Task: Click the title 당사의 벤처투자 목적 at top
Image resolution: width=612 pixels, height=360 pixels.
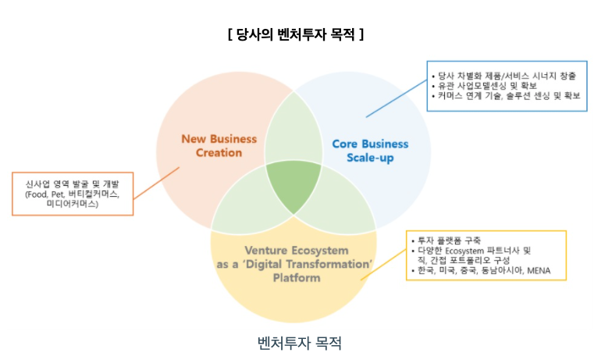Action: coord(296,35)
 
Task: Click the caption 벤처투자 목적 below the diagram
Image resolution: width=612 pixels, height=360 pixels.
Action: coord(300,343)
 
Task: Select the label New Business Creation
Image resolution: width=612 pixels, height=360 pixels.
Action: coord(219,145)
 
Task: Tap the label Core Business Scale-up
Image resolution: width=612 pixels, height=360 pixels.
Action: coord(370,150)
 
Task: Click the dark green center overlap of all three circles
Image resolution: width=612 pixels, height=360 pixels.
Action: coord(290,187)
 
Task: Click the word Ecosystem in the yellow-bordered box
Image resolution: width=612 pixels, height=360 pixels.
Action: coord(468,250)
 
